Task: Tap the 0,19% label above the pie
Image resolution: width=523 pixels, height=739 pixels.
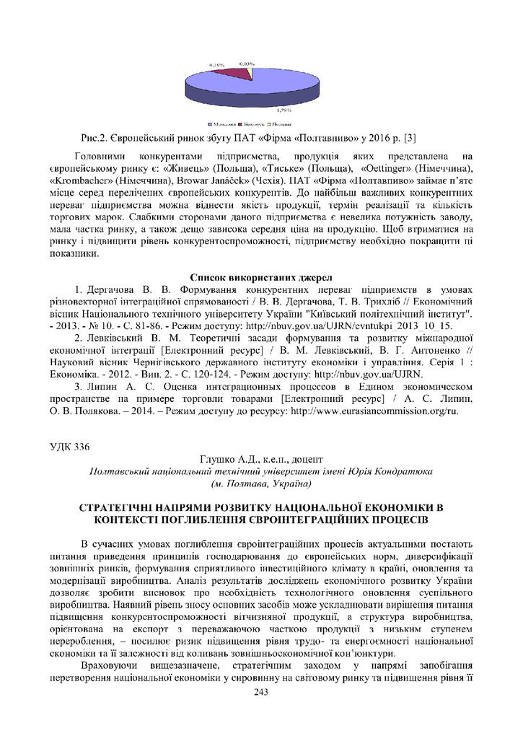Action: [x=216, y=66]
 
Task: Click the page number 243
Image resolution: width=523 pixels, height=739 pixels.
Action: [x=261, y=693]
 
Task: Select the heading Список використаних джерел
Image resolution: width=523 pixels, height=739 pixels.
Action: [x=260, y=276]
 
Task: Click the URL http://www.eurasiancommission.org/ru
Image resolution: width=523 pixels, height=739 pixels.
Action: [x=374, y=411]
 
